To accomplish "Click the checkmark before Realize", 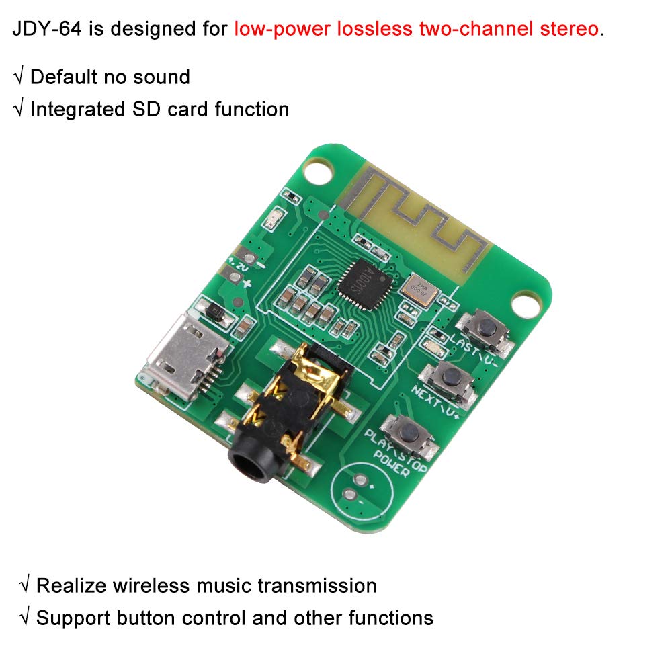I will click(x=25, y=585).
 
